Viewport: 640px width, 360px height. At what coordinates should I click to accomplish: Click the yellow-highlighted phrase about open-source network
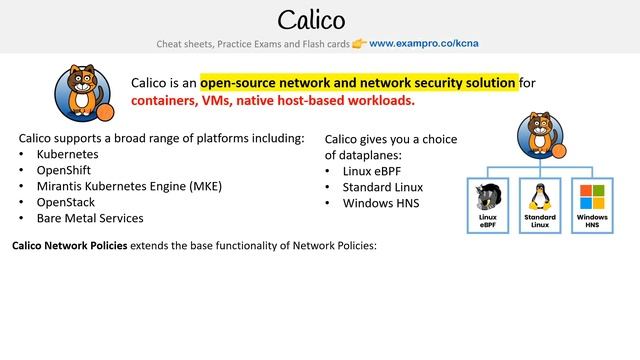tap(358, 82)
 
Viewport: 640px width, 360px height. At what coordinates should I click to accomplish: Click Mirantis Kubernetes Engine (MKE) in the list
tap(129, 186)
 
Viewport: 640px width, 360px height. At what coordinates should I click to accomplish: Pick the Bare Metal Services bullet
tap(90, 218)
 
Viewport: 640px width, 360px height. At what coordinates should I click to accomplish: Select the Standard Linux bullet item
tap(382, 187)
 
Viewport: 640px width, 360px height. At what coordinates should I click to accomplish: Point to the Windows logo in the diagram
tap(591, 195)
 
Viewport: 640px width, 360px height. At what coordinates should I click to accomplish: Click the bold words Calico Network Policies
tap(69, 246)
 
